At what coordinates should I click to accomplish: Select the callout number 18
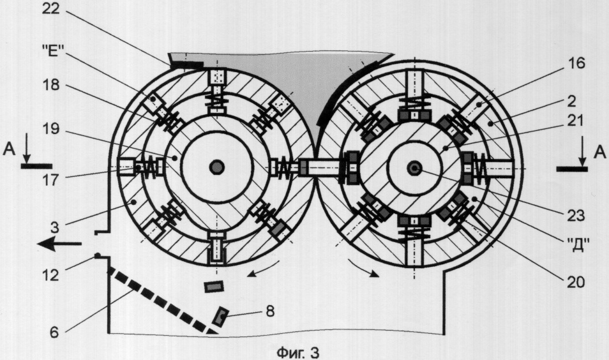click(50, 85)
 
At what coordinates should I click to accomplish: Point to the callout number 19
click(50, 129)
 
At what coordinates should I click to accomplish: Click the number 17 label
click(50, 180)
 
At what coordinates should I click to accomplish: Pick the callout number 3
click(54, 227)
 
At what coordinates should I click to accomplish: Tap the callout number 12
click(50, 275)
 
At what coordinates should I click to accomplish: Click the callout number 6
click(54, 333)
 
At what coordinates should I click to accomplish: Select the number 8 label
click(270, 311)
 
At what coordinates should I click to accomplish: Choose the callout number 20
click(576, 282)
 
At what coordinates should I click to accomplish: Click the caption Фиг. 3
click(298, 352)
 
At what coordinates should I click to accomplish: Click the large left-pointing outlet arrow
click(59, 244)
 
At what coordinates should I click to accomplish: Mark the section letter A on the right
click(599, 153)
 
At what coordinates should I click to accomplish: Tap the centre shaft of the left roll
click(216, 167)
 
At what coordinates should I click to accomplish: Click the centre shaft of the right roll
click(415, 168)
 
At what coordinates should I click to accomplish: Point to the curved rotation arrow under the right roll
click(365, 269)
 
